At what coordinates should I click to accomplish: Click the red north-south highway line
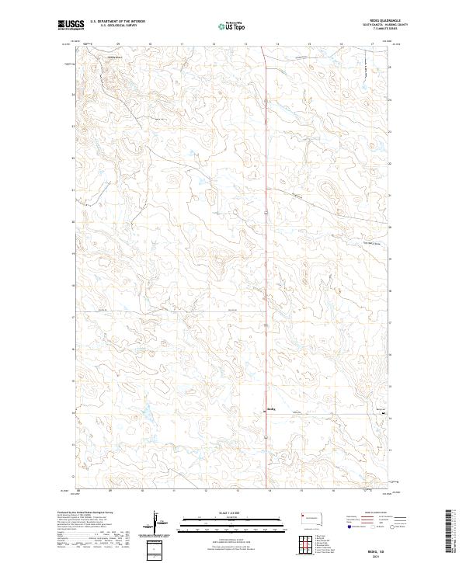pos(266,233)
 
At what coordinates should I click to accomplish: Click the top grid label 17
pos(373,45)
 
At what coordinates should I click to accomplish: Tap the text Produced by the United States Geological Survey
pos(85,513)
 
